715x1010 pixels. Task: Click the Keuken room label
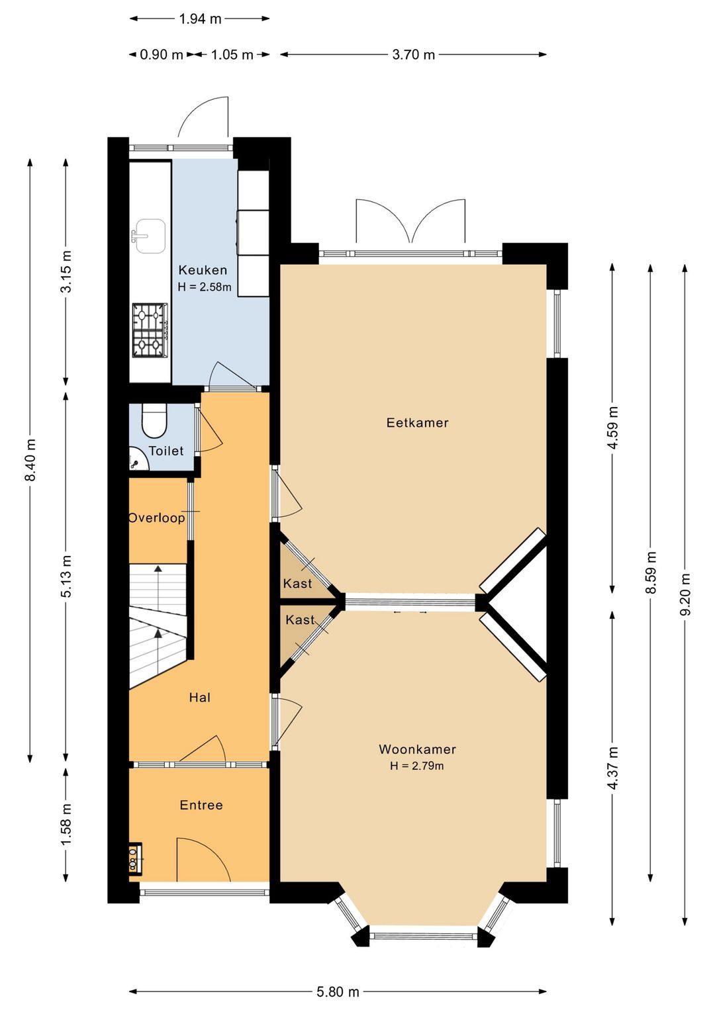click(203, 270)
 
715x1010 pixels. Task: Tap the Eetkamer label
click(417, 422)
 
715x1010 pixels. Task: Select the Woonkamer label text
click(417, 749)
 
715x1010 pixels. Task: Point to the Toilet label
click(166, 451)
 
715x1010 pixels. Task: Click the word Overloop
click(156, 518)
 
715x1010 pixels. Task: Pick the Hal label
click(199, 698)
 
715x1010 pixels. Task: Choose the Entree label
click(201, 805)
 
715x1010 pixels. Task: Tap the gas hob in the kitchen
click(150, 330)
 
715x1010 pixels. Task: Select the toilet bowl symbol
click(154, 420)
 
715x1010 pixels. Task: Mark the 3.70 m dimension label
click(414, 55)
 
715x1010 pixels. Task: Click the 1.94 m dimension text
click(200, 19)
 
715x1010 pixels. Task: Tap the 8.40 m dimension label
click(30, 459)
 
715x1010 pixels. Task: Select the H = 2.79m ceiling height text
click(417, 766)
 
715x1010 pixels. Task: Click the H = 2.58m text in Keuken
click(205, 287)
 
